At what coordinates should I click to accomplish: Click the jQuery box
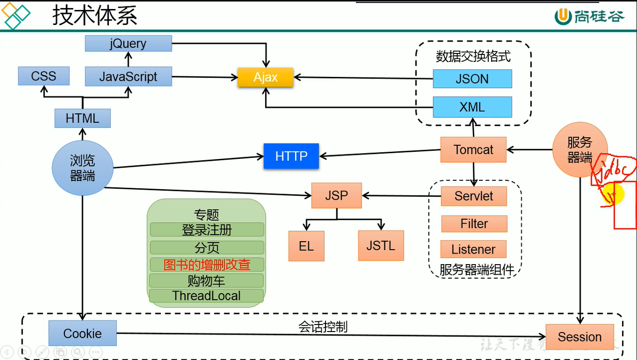click(128, 43)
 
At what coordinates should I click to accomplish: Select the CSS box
click(43, 76)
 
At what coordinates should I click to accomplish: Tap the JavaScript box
click(128, 76)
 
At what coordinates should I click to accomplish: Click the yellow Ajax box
click(265, 77)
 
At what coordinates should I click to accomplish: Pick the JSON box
click(472, 79)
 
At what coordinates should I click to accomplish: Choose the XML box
click(472, 107)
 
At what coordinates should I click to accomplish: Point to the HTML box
click(82, 118)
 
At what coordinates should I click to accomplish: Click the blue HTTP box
click(291, 156)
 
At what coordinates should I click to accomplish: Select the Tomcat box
click(473, 149)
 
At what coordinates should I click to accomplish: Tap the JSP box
click(336, 195)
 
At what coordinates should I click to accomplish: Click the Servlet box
click(474, 196)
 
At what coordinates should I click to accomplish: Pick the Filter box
click(474, 224)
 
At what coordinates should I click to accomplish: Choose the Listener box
click(473, 249)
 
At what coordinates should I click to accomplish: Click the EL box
click(306, 246)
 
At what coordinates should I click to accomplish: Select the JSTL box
click(380, 246)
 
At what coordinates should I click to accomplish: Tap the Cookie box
click(82, 334)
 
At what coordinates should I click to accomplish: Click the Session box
click(580, 337)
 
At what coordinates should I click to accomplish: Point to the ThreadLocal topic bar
click(206, 296)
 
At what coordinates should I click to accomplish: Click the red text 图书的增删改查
click(207, 265)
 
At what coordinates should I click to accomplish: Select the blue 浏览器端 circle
click(82, 168)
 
